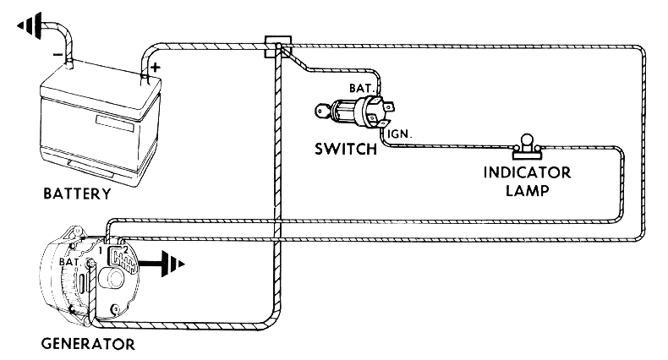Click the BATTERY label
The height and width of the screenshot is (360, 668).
(76, 194)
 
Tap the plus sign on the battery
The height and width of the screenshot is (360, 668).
(155, 67)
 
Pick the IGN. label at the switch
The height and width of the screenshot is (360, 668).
(400, 133)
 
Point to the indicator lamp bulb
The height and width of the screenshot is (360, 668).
(524, 140)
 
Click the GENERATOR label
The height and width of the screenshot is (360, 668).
(87, 343)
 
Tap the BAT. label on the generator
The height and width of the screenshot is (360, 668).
(69, 263)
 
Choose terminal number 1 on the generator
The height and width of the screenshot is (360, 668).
(100, 251)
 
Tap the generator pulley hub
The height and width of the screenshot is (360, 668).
(113, 279)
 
